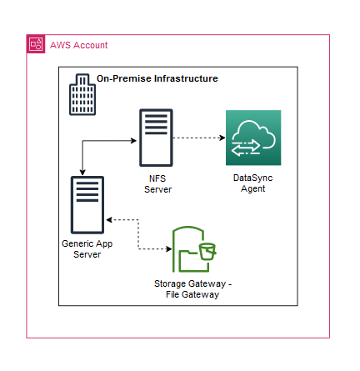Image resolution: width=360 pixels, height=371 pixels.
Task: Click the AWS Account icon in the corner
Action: coord(36,43)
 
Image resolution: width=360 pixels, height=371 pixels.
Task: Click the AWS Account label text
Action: coord(78,45)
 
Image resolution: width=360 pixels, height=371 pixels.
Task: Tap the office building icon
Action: coord(82,94)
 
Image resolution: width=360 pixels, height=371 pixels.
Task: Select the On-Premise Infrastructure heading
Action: coord(157,78)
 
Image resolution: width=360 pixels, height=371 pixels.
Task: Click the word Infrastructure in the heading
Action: coord(186,78)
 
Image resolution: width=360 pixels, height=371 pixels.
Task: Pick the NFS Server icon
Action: coord(156,138)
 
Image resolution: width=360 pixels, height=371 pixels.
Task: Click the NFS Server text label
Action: coord(157,184)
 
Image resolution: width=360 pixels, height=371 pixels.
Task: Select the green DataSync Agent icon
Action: coord(253,138)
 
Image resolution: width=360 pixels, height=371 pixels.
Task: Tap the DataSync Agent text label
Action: coord(252,183)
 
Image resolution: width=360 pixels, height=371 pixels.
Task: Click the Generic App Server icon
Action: coord(87,205)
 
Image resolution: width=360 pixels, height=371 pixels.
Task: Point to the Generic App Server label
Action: coord(87,249)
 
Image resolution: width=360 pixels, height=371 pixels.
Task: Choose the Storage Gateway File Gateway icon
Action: coord(194,249)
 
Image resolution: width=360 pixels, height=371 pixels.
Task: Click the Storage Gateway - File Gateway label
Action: coord(192,289)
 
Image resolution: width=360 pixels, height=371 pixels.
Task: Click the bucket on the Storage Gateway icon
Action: coord(207,252)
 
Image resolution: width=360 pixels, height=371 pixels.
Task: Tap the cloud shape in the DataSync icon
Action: coord(254,134)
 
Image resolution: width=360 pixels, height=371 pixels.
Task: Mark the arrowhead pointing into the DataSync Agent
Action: coord(222,138)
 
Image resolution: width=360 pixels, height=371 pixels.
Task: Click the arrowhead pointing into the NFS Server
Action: coord(134,141)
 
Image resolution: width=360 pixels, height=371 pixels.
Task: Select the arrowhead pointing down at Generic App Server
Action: coord(82,173)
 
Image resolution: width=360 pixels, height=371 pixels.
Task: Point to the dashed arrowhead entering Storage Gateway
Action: coord(169,248)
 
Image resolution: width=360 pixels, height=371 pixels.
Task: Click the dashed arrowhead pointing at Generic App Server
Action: coord(109,220)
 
